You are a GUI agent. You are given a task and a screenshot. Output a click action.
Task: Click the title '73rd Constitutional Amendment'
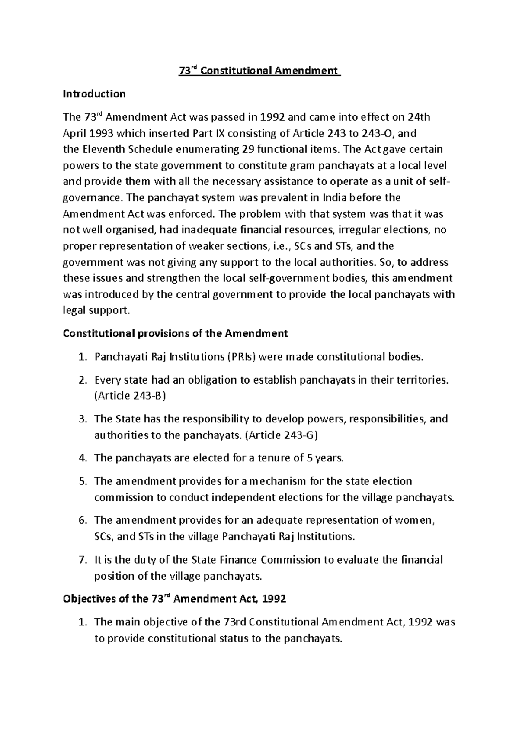[x=260, y=71]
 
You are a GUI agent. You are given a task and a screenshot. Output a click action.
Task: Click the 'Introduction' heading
[x=94, y=93]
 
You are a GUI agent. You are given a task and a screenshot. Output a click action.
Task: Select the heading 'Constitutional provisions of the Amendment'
[x=175, y=333]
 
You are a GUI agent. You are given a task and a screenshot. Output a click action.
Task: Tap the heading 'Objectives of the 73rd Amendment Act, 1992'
[x=174, y=599]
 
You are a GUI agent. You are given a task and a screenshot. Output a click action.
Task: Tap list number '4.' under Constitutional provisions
[x=83, y=458]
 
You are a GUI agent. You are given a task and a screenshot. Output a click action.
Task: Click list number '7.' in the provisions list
[x=83, y=560]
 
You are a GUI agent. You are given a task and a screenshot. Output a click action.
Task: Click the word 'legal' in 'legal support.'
[x=74, y=310]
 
